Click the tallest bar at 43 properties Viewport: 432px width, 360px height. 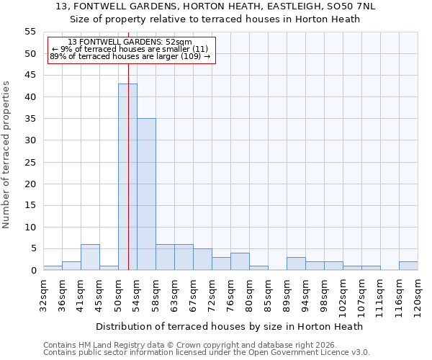tap(127, 177)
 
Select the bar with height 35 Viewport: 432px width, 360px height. tap(146, 194)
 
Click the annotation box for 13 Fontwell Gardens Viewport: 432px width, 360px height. tap(131, 50)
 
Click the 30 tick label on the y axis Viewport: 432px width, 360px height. tap(30, 140)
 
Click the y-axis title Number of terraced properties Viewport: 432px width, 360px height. tap(6, 154)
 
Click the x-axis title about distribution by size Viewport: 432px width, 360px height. tap(229, 326)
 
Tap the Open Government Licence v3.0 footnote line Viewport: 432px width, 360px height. tap(207, 352)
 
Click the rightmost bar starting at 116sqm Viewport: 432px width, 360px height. tap(408, 266)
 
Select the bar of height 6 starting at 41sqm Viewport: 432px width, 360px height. tap(90, 257)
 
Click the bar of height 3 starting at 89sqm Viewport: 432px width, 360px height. tap(296, 264)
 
